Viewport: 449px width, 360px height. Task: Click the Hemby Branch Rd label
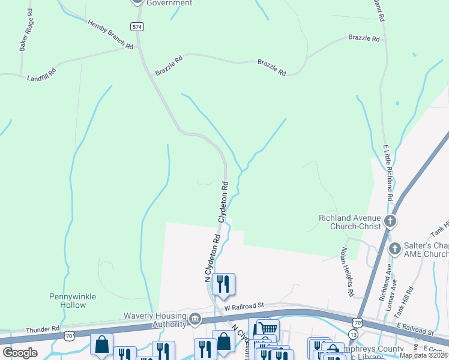click(110, 34)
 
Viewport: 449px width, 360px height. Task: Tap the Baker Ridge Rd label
click(26, 34)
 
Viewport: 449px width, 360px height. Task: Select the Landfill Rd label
click(41, 74)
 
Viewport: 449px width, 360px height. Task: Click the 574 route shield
click(137, 26)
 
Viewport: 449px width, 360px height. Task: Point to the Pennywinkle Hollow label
click(68, 301)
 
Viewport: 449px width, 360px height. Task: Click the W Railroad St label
click(245, 306)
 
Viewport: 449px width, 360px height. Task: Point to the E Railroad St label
click(414, 331)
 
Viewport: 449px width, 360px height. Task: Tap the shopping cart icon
click(268, 328)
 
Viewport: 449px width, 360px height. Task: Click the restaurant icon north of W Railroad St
click(223, 283)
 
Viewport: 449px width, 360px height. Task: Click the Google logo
click(20, 353)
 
